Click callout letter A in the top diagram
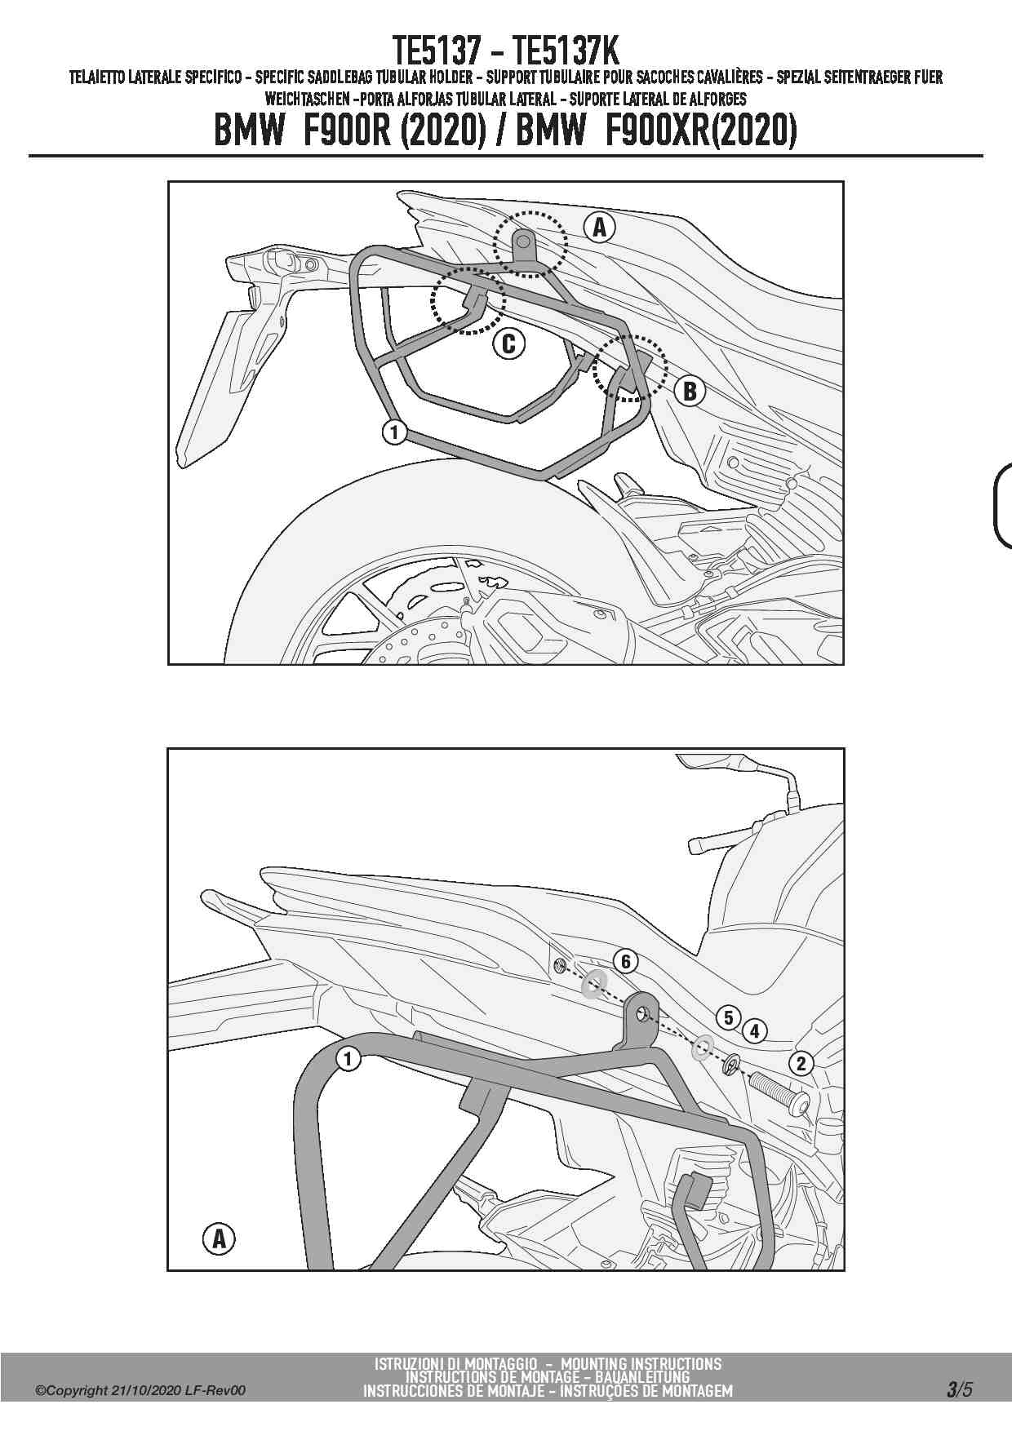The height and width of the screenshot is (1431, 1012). point(600,228)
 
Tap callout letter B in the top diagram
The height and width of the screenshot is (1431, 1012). point(690,392)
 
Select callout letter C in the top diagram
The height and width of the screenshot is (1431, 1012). point(508,344)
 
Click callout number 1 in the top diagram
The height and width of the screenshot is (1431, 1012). point(394,432)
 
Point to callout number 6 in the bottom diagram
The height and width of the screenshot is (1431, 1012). point(626,961)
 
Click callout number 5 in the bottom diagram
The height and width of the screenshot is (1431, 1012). point(728,1017)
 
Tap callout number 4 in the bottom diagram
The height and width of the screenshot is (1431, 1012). point(755,1031)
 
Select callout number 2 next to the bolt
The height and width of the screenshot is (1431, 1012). point(801,1062)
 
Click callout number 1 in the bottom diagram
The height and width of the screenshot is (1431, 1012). point(348,1059)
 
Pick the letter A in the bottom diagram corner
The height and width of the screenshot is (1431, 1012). point(219,1239)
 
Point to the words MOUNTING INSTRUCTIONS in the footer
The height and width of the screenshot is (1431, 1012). point(641,1363)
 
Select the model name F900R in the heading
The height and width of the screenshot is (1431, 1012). point(348,131)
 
